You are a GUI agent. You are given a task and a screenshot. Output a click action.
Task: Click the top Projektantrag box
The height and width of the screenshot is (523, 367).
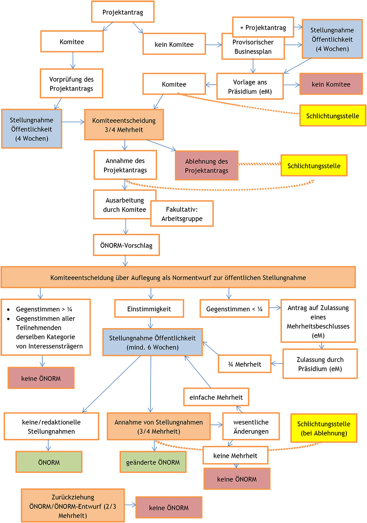point(123,12)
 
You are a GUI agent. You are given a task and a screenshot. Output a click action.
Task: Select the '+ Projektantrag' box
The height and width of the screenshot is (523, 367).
point(263,27)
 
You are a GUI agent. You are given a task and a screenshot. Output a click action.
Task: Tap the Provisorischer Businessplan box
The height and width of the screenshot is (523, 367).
point(253,47)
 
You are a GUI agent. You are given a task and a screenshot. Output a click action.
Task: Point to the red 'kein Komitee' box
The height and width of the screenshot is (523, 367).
point(331,84)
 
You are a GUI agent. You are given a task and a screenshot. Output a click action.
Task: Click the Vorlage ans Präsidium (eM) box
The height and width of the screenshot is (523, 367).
point(250,87)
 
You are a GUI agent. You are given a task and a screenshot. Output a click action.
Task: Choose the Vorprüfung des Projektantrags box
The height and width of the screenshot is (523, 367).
point(71,84)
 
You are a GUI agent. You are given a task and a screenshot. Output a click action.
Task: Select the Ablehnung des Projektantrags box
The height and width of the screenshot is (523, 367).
point(206,166)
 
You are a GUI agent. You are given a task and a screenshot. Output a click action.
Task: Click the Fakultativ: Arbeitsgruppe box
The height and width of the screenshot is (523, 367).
point(182,214)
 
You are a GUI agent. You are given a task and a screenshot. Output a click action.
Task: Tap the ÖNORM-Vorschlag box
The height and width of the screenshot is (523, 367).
point(126,245)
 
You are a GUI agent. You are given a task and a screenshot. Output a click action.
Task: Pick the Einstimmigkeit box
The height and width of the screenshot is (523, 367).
point(149,309)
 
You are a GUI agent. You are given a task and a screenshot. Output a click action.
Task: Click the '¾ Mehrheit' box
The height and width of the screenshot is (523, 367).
point(245,364)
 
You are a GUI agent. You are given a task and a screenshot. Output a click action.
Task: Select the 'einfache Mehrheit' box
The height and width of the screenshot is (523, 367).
point(216,397)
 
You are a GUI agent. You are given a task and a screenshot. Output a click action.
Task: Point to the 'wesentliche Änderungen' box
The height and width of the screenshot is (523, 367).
point(251,426)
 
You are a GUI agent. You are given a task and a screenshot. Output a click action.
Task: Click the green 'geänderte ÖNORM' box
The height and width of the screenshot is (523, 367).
point(153,462)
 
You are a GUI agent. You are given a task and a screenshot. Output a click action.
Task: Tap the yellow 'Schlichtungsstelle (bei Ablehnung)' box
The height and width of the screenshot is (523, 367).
point(324,428)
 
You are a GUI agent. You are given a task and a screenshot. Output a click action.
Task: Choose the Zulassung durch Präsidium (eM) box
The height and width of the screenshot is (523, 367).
point(320,364)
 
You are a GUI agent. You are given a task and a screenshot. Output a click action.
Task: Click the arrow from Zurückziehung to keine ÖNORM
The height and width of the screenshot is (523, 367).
point(130,505)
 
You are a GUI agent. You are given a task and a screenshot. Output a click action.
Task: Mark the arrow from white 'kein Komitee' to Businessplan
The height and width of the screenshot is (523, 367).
point(213,45)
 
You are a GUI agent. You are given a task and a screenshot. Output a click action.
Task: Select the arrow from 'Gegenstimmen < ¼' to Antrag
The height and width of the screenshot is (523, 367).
point(275,308)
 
